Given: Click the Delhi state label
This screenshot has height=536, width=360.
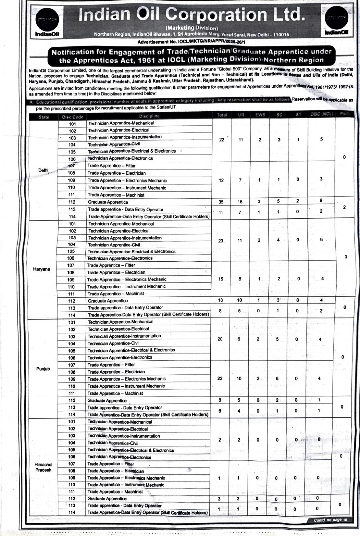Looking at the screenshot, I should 43,170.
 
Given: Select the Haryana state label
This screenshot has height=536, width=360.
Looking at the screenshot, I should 42,269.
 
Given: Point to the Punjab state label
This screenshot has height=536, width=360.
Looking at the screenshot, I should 43,369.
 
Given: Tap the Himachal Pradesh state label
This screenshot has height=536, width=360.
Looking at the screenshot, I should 43,467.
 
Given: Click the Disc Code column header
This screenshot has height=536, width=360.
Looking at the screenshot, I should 72,117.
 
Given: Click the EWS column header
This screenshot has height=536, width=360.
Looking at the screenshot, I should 260,115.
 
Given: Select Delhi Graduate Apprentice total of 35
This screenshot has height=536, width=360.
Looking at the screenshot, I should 221,202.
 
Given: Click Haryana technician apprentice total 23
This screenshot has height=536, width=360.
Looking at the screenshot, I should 221,241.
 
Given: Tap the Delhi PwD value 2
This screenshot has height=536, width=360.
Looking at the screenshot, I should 344,207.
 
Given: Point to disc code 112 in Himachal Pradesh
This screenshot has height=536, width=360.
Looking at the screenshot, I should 72,498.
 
